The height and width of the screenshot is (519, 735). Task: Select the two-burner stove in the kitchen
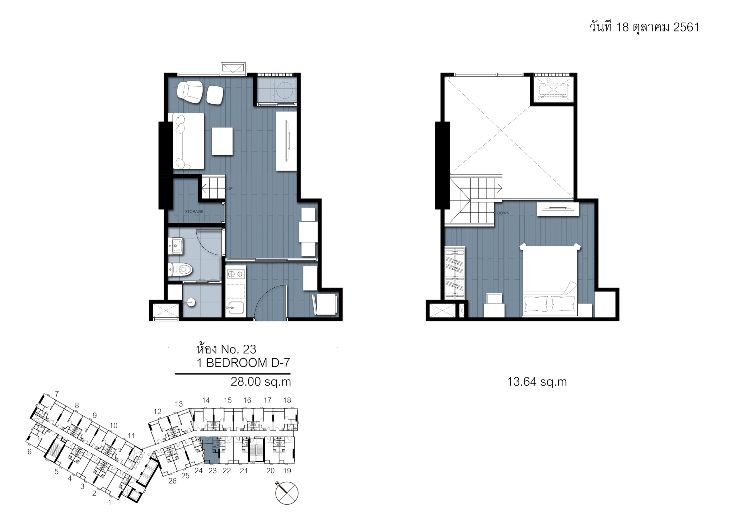(236, 274)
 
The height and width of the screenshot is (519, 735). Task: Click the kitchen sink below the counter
(235, 308)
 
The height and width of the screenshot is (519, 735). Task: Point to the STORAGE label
(194, 212)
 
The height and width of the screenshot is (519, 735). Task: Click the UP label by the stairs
(230, 189)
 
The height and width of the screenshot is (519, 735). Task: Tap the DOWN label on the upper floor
(503, 213)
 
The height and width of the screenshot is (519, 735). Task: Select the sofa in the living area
(188, 141)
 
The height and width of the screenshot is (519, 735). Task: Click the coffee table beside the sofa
(222, 141)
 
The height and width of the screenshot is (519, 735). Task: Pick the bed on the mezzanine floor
(550, 280)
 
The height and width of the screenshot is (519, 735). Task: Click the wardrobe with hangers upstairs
(455, 273)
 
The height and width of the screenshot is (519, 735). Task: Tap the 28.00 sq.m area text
(261, 382)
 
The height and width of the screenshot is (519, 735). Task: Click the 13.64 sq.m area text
(537, 382)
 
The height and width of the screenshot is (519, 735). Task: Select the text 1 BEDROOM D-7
(243, 363)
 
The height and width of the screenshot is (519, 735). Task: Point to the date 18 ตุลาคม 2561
(657, 27)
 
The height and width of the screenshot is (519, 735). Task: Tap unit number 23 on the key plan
(212, 471)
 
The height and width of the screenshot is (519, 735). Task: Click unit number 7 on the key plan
(57, 394)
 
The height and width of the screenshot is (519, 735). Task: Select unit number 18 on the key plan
(287, 400)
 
